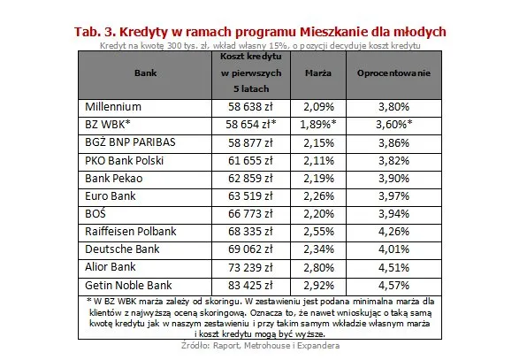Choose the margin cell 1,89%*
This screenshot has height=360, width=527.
coord(318,124)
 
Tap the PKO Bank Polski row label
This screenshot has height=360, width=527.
coord(126,159)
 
